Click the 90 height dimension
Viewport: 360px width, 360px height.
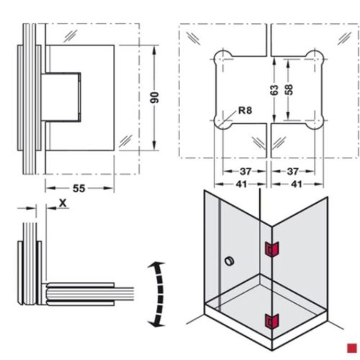pyautogui.click(x=153, y=97)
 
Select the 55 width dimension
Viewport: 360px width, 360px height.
pyautogui.click(x=79, y=188)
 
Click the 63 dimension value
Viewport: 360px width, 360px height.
pyautogui.click(x=274, y=89)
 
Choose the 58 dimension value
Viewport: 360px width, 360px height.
pyautogui.click(x=289, y=89)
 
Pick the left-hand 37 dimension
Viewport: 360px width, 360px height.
pyautogui.click(x=245, y=171)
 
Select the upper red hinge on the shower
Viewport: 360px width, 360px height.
pyautogui.click(x=271, y=249)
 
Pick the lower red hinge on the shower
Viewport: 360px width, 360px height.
pyautogui.click(x=271, y=320)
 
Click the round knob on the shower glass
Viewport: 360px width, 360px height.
pyautogui.click(x=230, y=260)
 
